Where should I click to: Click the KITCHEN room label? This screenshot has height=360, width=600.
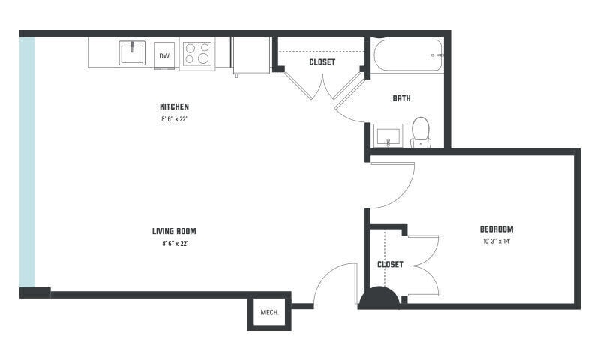click(174, 106)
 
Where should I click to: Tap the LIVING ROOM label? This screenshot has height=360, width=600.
click(174, 231)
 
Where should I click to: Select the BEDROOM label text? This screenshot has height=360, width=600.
click(496, 229)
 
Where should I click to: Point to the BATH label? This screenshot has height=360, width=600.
click(401, 98)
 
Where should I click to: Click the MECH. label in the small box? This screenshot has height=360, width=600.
click(269, 312)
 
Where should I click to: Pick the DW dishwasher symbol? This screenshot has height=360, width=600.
click(164, 55)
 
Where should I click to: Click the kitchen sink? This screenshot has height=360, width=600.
click(132, 52)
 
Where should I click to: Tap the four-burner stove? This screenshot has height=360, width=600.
click(197, 53)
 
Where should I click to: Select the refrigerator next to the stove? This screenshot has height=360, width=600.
click(251, 55)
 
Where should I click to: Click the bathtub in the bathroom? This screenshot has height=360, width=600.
click(407, 55)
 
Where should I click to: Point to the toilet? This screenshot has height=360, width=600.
click(421, 133)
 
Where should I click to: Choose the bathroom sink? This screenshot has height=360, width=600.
click(388, 136)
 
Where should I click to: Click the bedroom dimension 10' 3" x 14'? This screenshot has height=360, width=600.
click(496, 241)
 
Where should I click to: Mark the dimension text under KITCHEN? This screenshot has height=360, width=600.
click(174, 119)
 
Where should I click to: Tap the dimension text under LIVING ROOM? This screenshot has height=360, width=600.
click(175, 243)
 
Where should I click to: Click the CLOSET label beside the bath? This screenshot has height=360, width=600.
click(322, 62)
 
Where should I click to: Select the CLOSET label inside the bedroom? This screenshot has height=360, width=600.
click(390, 264)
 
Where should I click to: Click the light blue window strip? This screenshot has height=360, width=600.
click(27, 162)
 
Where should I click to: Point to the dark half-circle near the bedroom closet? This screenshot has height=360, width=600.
click(379, 297)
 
